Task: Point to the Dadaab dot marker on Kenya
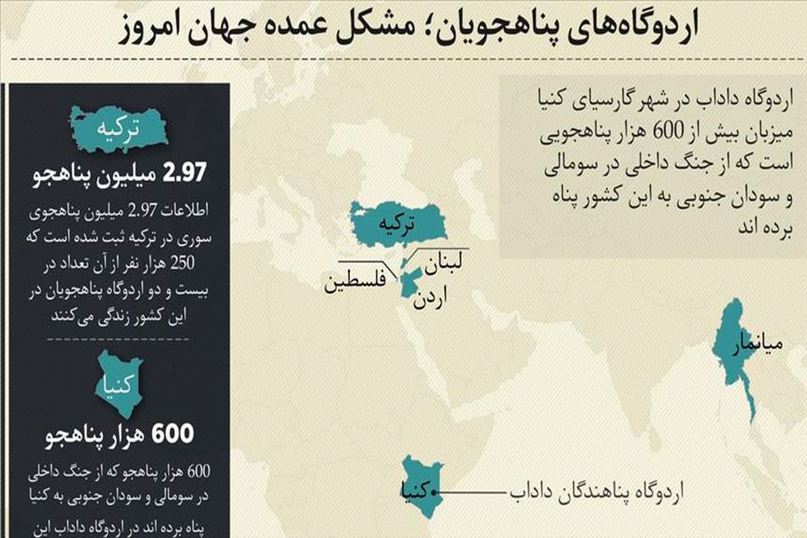pyautogui.click(x=438, y=492)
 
